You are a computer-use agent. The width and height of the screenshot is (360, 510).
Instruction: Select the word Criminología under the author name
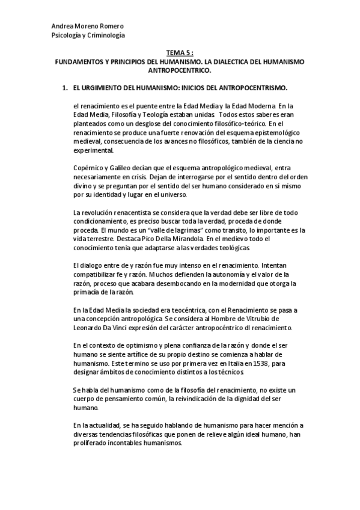click(x=106, y=35)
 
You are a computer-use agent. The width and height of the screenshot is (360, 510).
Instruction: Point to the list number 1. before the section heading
click(x=65, y=88)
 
